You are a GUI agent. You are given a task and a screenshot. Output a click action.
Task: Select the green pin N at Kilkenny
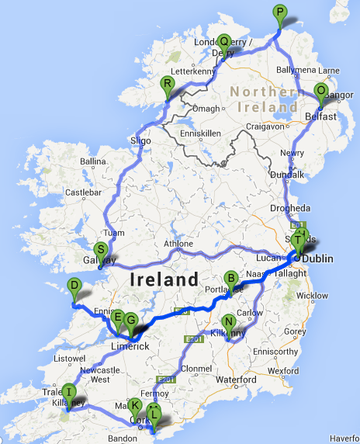[x=228, y=322]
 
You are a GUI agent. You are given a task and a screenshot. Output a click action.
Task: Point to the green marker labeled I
[x=68, y=391]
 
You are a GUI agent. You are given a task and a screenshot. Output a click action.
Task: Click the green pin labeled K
[x=135, y=405]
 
